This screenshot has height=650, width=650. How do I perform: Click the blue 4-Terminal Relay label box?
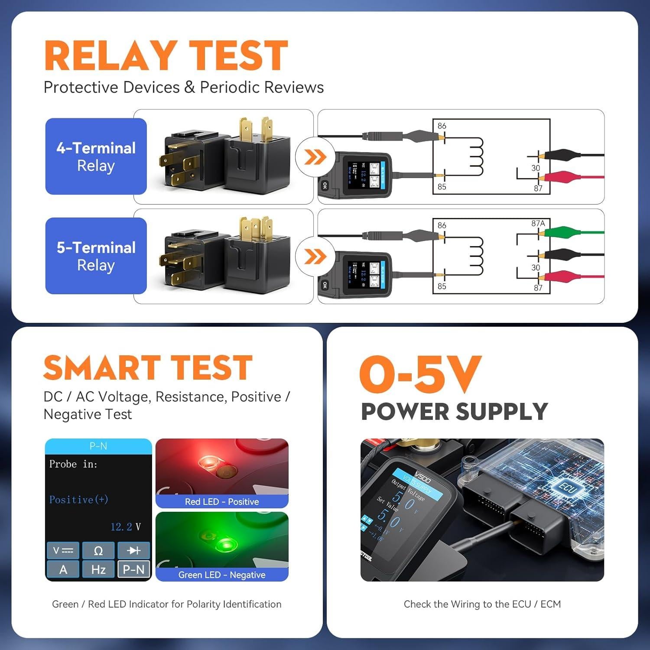point(96,156)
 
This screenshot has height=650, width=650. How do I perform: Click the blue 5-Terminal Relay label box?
point(96,256)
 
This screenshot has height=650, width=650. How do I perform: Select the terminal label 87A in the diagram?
point(538,224)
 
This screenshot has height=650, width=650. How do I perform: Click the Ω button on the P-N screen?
point(98,551)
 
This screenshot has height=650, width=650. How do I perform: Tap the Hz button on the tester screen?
point(98,569)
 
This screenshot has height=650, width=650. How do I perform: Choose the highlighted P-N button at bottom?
point(133,569)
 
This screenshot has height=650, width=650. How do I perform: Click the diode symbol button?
point(133,551)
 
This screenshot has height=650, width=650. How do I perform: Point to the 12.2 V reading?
point(125,527)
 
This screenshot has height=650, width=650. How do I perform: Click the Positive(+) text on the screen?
point(78,500)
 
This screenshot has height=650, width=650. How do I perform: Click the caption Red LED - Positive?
point(222,502)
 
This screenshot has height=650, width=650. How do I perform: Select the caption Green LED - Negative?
point(222,575)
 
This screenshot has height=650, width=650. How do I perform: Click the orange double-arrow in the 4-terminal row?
point(315,157)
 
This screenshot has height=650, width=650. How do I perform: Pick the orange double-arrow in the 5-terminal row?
point(315,257)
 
